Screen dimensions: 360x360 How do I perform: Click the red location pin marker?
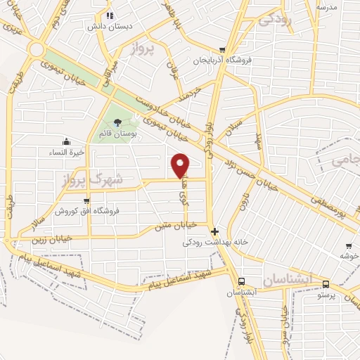coord(181,165)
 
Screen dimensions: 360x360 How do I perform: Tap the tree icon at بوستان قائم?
coord(117,122)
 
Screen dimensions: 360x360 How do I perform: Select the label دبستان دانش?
coord(105,26)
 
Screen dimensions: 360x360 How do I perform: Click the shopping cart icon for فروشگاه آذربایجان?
coord(222,49)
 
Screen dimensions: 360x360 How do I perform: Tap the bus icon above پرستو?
coord(326,283)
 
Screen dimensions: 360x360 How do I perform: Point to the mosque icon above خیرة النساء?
coord(66,141)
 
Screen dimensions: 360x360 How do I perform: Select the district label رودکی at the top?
coord(274,20)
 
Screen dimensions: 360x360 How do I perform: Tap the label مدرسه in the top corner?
coord(327,7)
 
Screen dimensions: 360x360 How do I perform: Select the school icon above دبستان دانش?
coord(110,15)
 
